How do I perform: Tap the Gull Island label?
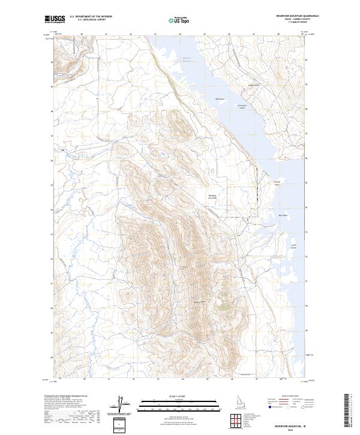[220, 99]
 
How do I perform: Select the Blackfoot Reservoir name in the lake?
[187, 59]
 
